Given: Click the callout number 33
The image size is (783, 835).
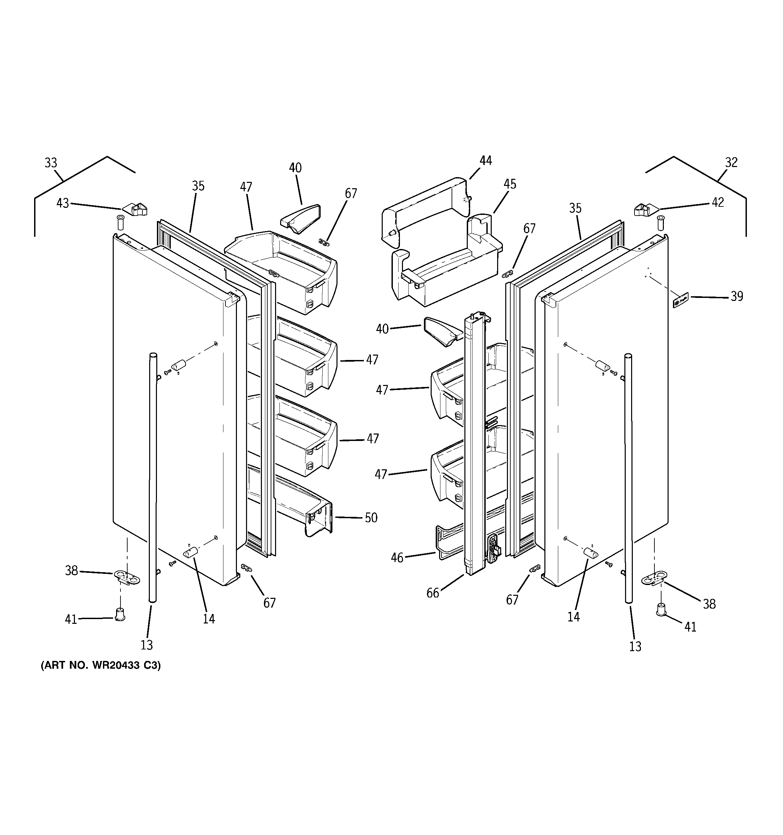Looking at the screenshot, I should pos(51,163).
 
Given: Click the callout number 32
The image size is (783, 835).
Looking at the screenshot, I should pos(731,162).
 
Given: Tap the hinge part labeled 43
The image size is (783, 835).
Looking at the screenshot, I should pos(135,209).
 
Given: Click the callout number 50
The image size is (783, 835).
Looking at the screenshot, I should pos(371,518).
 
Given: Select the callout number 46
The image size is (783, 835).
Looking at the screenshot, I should pos(397,557).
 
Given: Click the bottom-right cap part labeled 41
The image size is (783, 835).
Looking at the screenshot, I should pos(661,609).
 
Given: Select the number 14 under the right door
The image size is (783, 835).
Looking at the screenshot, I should pos(573,617).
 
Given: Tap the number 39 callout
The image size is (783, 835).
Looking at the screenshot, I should pos(736,296).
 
